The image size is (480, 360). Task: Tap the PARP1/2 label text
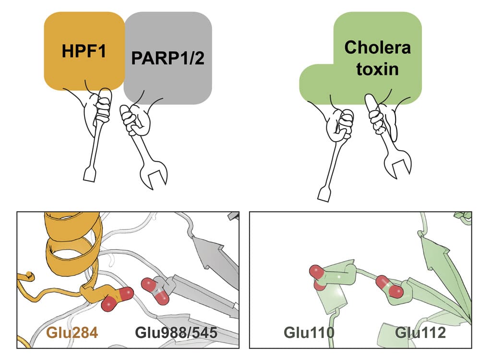pyautogui.click(x=168, y=59)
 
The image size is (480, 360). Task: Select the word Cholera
pyautogui.click(x=378, y=48)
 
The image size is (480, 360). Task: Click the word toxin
pyautogui.click(x=378, y=70)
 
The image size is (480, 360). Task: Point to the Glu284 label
pyautogui.click(x=72, y=332)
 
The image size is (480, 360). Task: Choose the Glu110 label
pyautogui.click(x=309, y=332)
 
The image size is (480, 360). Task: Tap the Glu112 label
pyautogui.click(x=420, y=332)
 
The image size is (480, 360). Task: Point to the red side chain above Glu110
pyautogui.click(x=320, y=276)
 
